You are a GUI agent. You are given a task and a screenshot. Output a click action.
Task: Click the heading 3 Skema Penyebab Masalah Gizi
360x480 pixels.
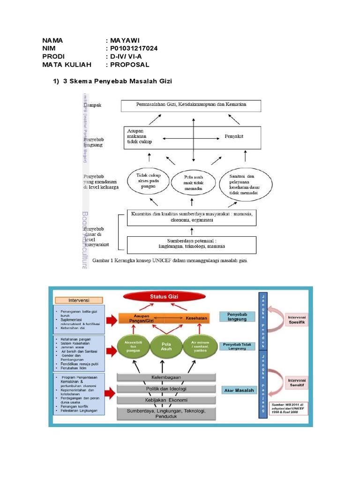[117, 82]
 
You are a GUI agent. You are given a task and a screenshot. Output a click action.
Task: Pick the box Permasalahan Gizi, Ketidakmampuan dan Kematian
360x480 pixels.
[191, 105]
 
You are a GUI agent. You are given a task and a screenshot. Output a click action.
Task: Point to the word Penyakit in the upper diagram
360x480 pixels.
[235, 137]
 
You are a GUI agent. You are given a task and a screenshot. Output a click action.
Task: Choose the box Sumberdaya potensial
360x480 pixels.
[191, 244]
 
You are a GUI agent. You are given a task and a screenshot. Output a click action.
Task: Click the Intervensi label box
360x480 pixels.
[78, 300]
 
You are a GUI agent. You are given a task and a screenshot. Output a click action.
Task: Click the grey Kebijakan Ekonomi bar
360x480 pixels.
[166, 399]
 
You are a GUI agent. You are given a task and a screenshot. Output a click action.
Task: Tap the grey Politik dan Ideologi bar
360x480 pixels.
[166, 389]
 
